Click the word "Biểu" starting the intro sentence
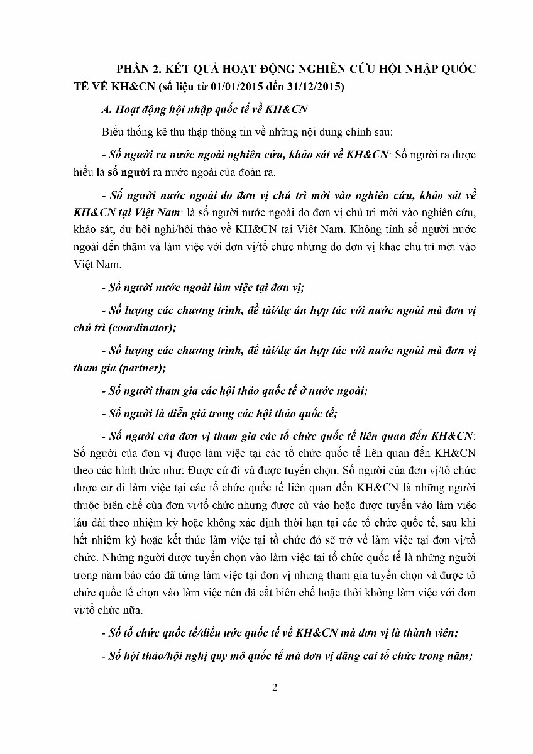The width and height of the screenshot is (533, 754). pos(111,133)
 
